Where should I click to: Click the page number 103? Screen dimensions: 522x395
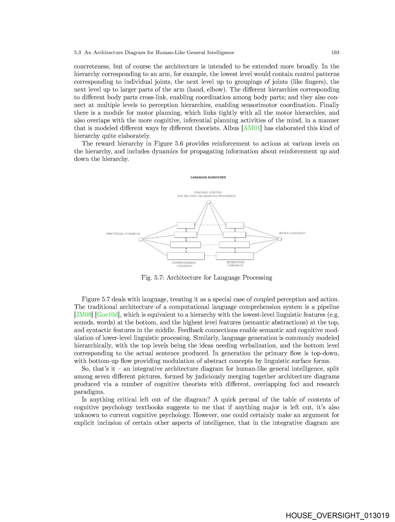[x=335, y=52]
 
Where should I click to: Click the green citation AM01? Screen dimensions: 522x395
[x=251, y=128]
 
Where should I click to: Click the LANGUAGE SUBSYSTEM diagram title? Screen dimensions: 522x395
[x=208, y=177]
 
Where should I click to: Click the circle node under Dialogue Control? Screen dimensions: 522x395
[x=209, y=202]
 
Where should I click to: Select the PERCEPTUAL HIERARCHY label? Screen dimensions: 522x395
[x=123, y=234]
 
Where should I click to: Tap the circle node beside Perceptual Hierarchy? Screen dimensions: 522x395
[x=141, y=239]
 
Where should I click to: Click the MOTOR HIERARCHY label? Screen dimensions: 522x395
[x=292, y=233]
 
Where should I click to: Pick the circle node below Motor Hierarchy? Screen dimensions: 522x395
[x=280, y=239]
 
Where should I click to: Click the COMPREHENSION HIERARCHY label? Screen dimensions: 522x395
[x=184, y=264]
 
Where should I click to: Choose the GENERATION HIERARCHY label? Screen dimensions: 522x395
[x=235, y=264]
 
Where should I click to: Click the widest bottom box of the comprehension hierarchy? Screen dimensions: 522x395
[x=186, y=256]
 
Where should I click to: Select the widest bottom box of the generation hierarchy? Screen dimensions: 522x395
[x=235, y=256]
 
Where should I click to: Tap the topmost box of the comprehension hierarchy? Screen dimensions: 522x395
[x=186, y=225]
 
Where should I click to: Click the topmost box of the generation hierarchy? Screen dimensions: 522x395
[x=235, y=225]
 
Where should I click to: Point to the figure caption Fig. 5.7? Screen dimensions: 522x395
[x=207, y=278]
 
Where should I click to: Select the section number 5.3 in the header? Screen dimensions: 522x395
[x=77, y=52]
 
